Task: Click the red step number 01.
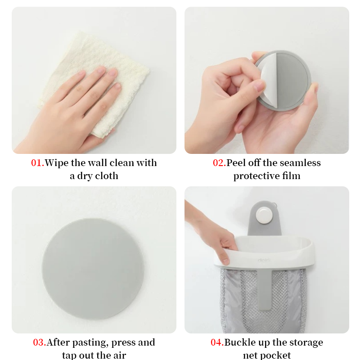(37, 163)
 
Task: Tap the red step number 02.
(219, 163)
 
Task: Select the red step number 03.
(40, 342)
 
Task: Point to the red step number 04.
(217, 342)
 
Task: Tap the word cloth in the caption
(107, 176)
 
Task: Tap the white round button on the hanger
(264, 216)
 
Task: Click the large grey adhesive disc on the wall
(93, 269)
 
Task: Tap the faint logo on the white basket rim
(264, 261)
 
